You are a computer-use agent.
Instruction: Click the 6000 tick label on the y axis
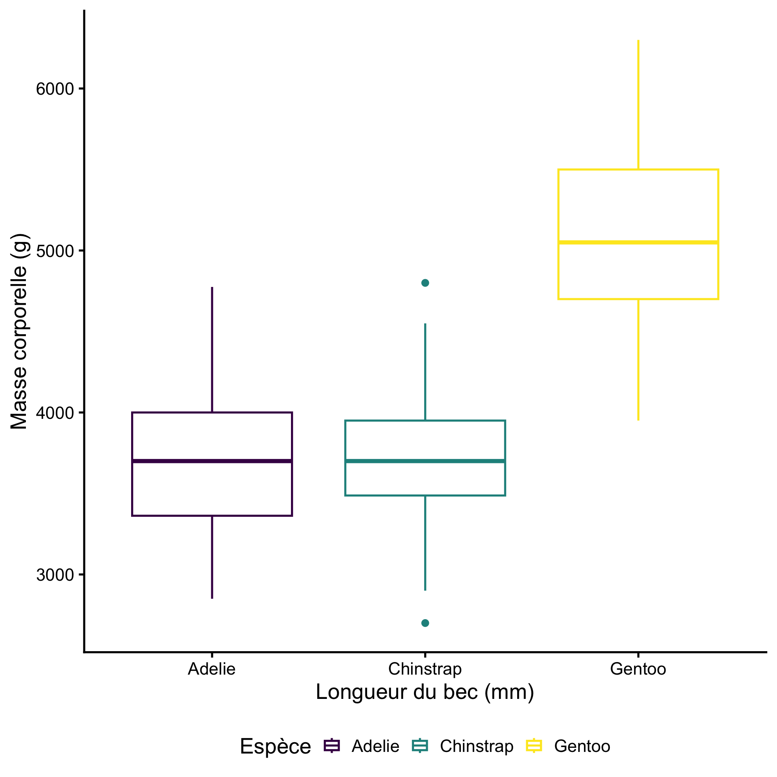(55, 89)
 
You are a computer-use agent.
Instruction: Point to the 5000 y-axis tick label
(55, 251)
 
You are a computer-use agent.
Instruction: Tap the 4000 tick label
(55, 413)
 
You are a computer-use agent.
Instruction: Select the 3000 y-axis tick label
(55, 575)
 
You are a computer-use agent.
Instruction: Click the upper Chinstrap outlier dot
(425, 283)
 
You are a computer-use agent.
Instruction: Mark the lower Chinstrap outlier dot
(425, 623)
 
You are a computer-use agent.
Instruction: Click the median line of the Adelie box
(212, 461)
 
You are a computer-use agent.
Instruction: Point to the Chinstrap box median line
(425, 461)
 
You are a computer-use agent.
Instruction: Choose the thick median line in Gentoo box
(638, 242)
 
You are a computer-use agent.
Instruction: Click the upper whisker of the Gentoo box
(638, 105)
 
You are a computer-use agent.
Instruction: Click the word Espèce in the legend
(275, 746)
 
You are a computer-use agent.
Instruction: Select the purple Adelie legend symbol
(332, 745)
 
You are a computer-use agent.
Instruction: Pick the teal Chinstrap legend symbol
(420, 745)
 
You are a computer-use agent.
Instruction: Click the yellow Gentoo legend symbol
(534, 745)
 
